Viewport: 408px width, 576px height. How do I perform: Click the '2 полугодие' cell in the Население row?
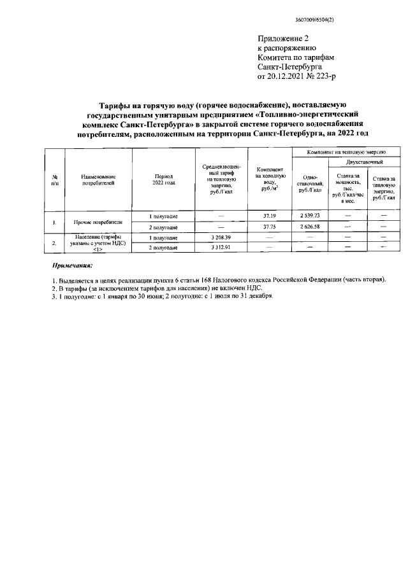[x=163, y=248]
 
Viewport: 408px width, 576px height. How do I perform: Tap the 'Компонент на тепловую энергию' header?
[x=346, y=153]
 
